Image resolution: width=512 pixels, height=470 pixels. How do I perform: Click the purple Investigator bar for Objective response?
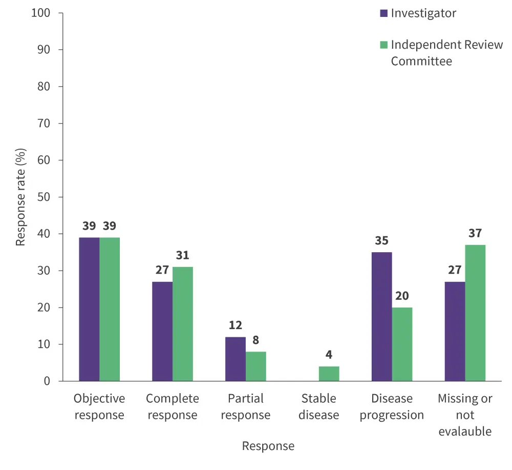(x=89, y=309)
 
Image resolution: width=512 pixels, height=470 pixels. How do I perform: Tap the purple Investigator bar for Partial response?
(x=236, y=359)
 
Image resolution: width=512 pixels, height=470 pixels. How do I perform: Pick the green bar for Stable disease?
(x=329, y=374)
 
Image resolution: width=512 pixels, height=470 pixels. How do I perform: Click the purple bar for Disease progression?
(x=381, y=317)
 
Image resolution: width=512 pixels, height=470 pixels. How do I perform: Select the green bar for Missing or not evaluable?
(x=475, y=313)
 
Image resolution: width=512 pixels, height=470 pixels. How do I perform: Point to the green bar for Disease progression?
(x=402, y=344)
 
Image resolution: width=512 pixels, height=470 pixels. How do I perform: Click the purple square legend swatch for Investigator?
(x=383, y=13)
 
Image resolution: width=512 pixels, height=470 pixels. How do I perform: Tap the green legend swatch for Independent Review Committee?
(x=383, y=45)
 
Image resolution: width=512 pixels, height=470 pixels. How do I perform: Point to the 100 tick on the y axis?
(x=40, y=13)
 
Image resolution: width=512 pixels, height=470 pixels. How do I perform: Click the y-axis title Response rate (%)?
(x=20, y=197)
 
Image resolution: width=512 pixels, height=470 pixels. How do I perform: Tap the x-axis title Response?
(x=268, y=446)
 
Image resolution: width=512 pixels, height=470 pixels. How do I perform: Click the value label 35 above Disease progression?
(x=381, y=241)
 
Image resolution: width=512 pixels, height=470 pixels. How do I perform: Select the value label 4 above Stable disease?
(x=329, y=355)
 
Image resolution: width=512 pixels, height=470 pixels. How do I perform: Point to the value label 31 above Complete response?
(x=183, y=255)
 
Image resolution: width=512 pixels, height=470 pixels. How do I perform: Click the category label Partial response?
(x=245, y=406)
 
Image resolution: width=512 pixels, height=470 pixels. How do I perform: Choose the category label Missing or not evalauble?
(x=465, y=415)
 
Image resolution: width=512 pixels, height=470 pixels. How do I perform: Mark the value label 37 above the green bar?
(x=475, y=234)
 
